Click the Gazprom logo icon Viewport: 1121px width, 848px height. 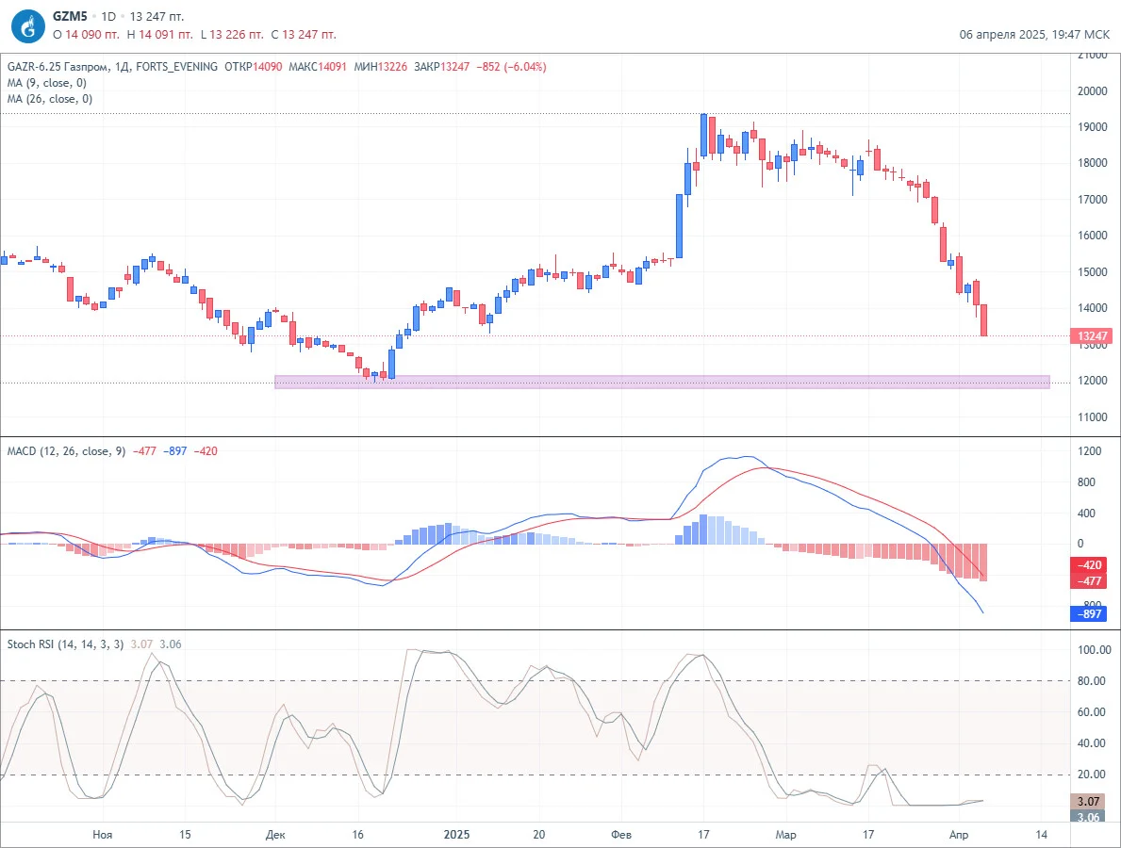(x=28, y=26)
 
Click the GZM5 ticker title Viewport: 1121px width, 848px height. (x=70, y=16)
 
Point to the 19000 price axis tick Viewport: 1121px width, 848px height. (x=1093, y=127)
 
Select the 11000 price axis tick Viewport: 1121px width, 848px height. (x=1093, y=417)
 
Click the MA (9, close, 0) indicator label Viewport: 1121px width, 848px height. (x=46, y=83)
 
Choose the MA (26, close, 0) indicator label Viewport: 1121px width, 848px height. (x=49, y=99)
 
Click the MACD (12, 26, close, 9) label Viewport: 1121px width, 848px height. (x=66, y=450)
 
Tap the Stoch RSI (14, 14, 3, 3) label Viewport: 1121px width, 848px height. (x=65, y=644)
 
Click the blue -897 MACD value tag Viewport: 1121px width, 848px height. (x=1089, y=613)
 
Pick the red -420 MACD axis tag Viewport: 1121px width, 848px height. (x=1089, y=565)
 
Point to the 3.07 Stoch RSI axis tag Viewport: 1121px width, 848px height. (x=1089, y=802)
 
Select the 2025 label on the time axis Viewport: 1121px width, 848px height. (x=456, y=835)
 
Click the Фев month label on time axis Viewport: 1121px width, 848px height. (x=621, y=835)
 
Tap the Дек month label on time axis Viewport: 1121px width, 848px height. (x=275, y=835)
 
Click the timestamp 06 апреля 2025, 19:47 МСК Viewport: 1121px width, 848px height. (x=1034, y=34)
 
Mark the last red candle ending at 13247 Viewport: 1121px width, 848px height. (x=984, y=320)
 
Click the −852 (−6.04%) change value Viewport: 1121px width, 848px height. (x=511, y=67)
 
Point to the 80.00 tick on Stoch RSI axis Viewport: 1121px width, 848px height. (x=1094, y=681)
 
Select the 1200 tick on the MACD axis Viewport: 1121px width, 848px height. (x=1090, y=450)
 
